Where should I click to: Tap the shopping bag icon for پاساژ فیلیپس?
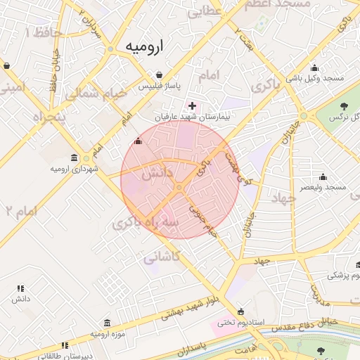coord(160,75)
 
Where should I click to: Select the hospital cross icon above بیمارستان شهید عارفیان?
coord(192,105)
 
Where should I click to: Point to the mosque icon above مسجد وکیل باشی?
coord(314,67)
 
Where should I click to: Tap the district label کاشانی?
coord(162,257)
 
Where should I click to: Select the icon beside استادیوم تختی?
coord(241,311)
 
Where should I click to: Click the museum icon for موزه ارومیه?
coord(106,323)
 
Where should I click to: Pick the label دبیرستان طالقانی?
coord(65,356)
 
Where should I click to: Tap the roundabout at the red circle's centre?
coord(179,188)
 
